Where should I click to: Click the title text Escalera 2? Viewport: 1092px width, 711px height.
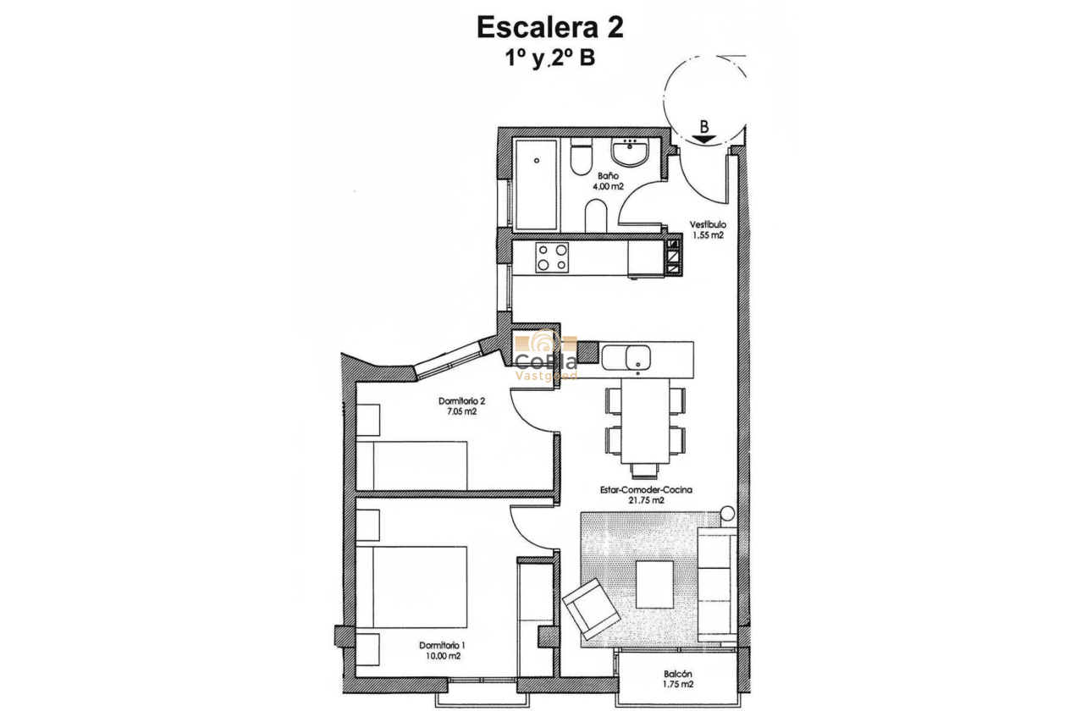550,27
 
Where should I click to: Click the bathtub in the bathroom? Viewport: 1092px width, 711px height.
536,185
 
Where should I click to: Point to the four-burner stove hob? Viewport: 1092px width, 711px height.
552,257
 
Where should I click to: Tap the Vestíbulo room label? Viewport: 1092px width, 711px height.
706,225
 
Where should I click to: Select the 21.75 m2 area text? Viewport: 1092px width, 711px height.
646,500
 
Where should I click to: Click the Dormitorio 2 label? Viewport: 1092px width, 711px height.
461,400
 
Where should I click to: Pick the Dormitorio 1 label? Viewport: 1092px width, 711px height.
443,645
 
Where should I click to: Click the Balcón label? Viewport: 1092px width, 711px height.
678,675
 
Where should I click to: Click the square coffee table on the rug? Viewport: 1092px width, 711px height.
654,584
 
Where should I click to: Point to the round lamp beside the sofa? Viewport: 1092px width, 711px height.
727,514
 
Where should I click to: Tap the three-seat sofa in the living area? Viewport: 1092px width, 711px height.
716,585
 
